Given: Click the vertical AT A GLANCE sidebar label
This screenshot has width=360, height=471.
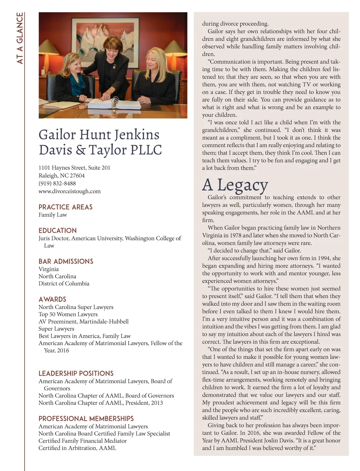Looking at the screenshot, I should [x=20, y=38].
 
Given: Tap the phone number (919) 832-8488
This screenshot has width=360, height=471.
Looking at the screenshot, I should [x=57, y=183].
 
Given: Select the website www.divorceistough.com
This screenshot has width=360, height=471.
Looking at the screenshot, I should [x=70, y=191].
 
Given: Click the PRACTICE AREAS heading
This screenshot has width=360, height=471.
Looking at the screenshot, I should [x=65, y=207].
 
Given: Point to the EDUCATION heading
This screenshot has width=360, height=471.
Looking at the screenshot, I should [x=58, y=230].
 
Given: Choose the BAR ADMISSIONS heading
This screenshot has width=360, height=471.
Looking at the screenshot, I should [x=66, y=261].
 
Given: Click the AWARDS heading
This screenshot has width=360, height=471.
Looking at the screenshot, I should [x=52, y=299].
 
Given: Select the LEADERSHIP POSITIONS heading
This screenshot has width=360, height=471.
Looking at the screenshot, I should [x=76, y=373].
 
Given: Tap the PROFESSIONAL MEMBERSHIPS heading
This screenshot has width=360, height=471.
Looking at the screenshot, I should [x=86, y=419].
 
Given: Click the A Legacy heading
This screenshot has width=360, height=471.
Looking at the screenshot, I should [x=235, y=185].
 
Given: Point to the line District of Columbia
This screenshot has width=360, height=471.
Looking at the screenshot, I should [x=64, y=284].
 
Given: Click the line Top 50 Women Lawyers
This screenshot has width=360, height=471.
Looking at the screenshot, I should [x=68, y=314].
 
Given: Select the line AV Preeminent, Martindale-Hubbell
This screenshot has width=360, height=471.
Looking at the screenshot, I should [x=84, y=322].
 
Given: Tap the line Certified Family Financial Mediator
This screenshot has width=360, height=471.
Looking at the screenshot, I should [x=83, y=441].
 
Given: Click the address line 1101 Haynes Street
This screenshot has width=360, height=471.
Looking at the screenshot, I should [x=75, y=168].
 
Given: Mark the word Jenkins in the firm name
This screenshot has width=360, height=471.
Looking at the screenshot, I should [x=137, y=135].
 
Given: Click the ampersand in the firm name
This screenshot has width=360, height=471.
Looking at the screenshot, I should [x=81, y=150].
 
